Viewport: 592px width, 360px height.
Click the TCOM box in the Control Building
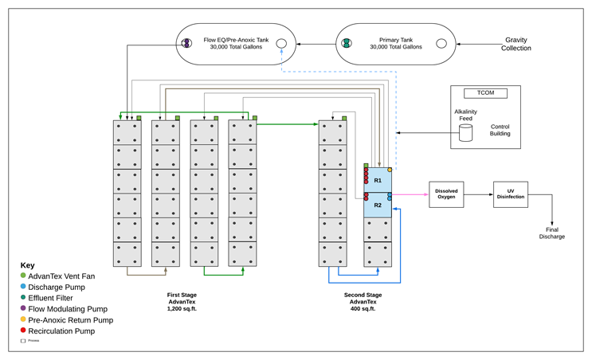[x=485, y=93]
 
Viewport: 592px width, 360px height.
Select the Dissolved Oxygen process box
[x=446, y=194]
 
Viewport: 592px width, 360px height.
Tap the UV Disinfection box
[x=510, y=194]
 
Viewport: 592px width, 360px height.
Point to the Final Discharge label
[x=551, y=233]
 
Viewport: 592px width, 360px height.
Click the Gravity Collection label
[x=516, y=44]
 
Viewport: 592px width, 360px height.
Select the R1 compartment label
[x=378, y=181]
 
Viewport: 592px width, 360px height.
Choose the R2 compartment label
[x=378, y=205]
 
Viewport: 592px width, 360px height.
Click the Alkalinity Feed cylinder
[x=465, y=133]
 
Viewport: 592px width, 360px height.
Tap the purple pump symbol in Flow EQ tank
[x=186, y=44]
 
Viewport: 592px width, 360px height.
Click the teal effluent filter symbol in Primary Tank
[x=347, y=44]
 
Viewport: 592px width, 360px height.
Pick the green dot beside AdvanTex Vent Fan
[x=23, y=276]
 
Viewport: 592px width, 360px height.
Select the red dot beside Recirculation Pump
[x=23, y=331]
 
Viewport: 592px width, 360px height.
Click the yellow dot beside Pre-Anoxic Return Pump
[x=23, y=319]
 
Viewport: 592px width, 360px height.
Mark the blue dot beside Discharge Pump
[x=23, y=287]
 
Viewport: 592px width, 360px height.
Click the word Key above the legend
[x=27, y=264]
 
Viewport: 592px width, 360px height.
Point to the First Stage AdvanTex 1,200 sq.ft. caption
[x=182, y=302]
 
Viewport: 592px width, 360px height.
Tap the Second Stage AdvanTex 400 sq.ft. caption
[x=363, y=302]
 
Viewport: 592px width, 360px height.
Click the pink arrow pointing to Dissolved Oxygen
[x=410, y=194]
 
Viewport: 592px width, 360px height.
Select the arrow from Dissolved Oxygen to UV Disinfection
[x=478, y=194]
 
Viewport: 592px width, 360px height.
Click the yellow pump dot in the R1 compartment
[x=390, y=170]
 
